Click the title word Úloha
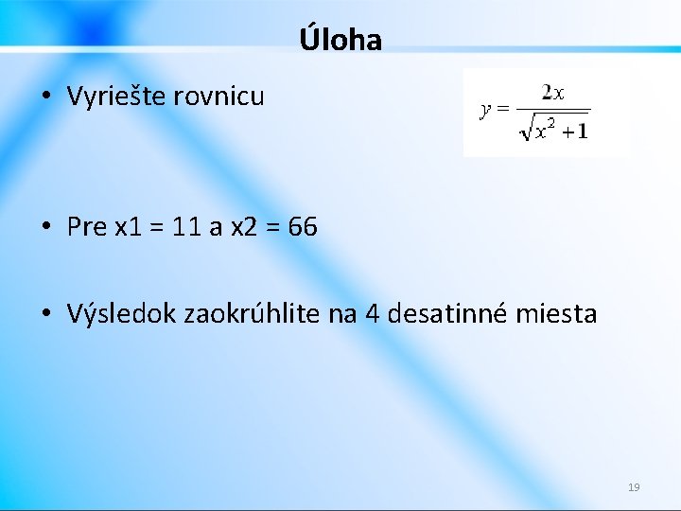pos(340,40)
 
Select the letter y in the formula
pos(485,110)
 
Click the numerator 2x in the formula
pos(553,93)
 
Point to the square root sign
pos(526,129)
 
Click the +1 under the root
pos(574,131)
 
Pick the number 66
pos(303,227)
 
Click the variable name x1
pos(126,227)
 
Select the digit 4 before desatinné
pos(372,313)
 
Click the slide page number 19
pos(634,487)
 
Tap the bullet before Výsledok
pos(45,314)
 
